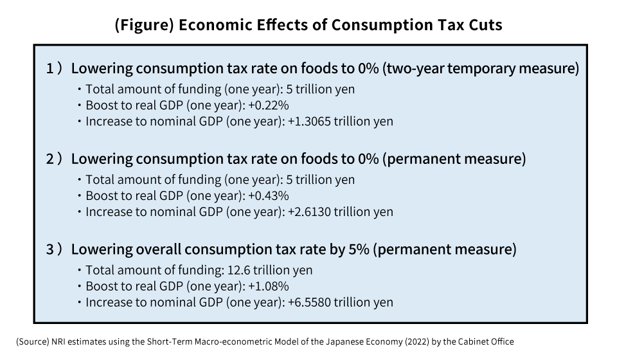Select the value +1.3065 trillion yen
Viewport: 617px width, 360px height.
[x=339, y=121]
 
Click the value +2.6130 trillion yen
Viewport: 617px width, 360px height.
[x=339, y=212]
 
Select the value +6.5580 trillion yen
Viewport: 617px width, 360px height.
[x=339, y=302]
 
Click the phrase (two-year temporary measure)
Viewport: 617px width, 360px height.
[x=481, y=68]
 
